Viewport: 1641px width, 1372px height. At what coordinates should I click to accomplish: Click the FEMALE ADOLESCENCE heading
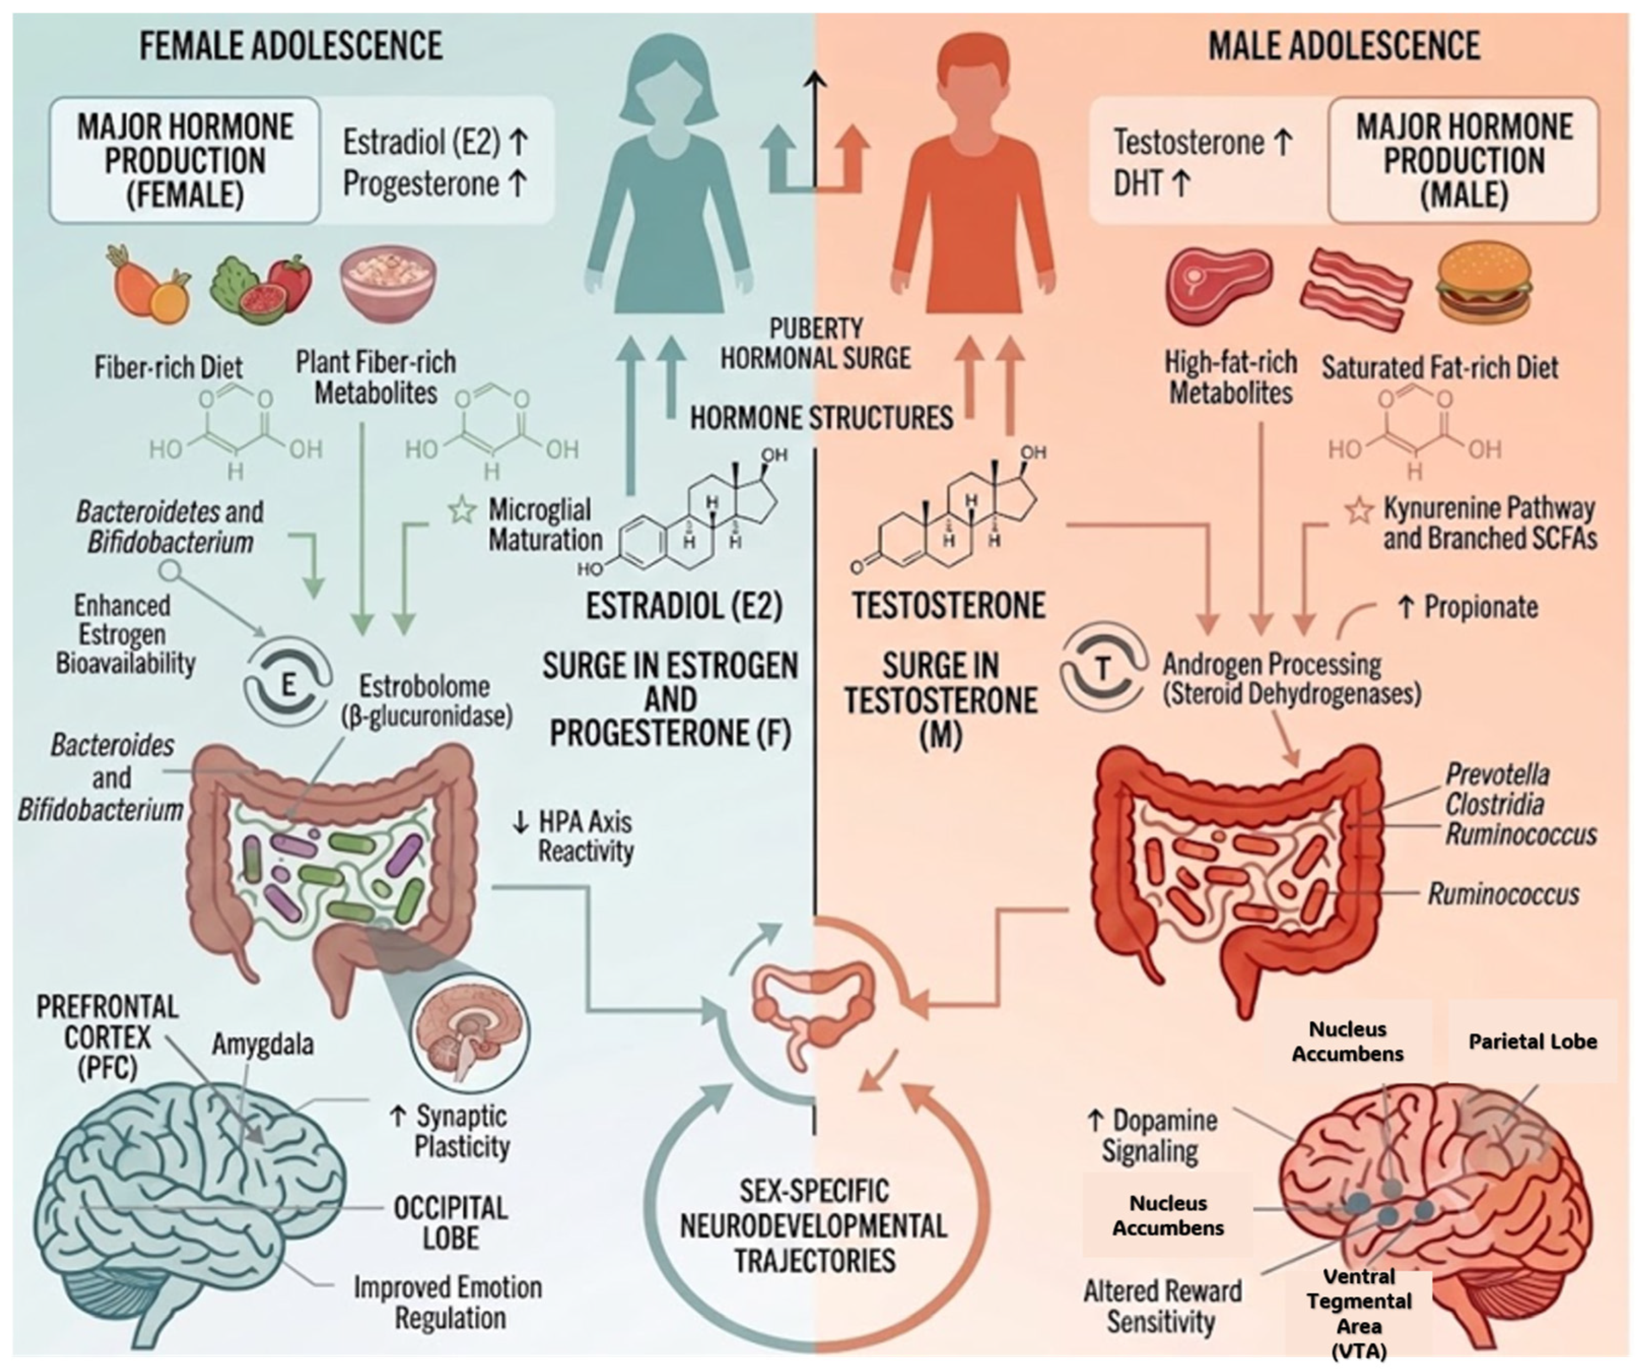pos(291,45)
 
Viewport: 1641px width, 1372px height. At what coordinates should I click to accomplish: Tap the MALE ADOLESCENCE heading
pos(1344,45)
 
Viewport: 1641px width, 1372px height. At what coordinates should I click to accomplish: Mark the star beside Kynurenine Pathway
pos(1360,511)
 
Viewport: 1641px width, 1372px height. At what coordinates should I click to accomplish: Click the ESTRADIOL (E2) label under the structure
pos(684,606)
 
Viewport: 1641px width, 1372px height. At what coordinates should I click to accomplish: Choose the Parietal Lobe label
pos(1532,1042)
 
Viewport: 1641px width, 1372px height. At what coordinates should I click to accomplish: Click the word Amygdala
pos(262,1044)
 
